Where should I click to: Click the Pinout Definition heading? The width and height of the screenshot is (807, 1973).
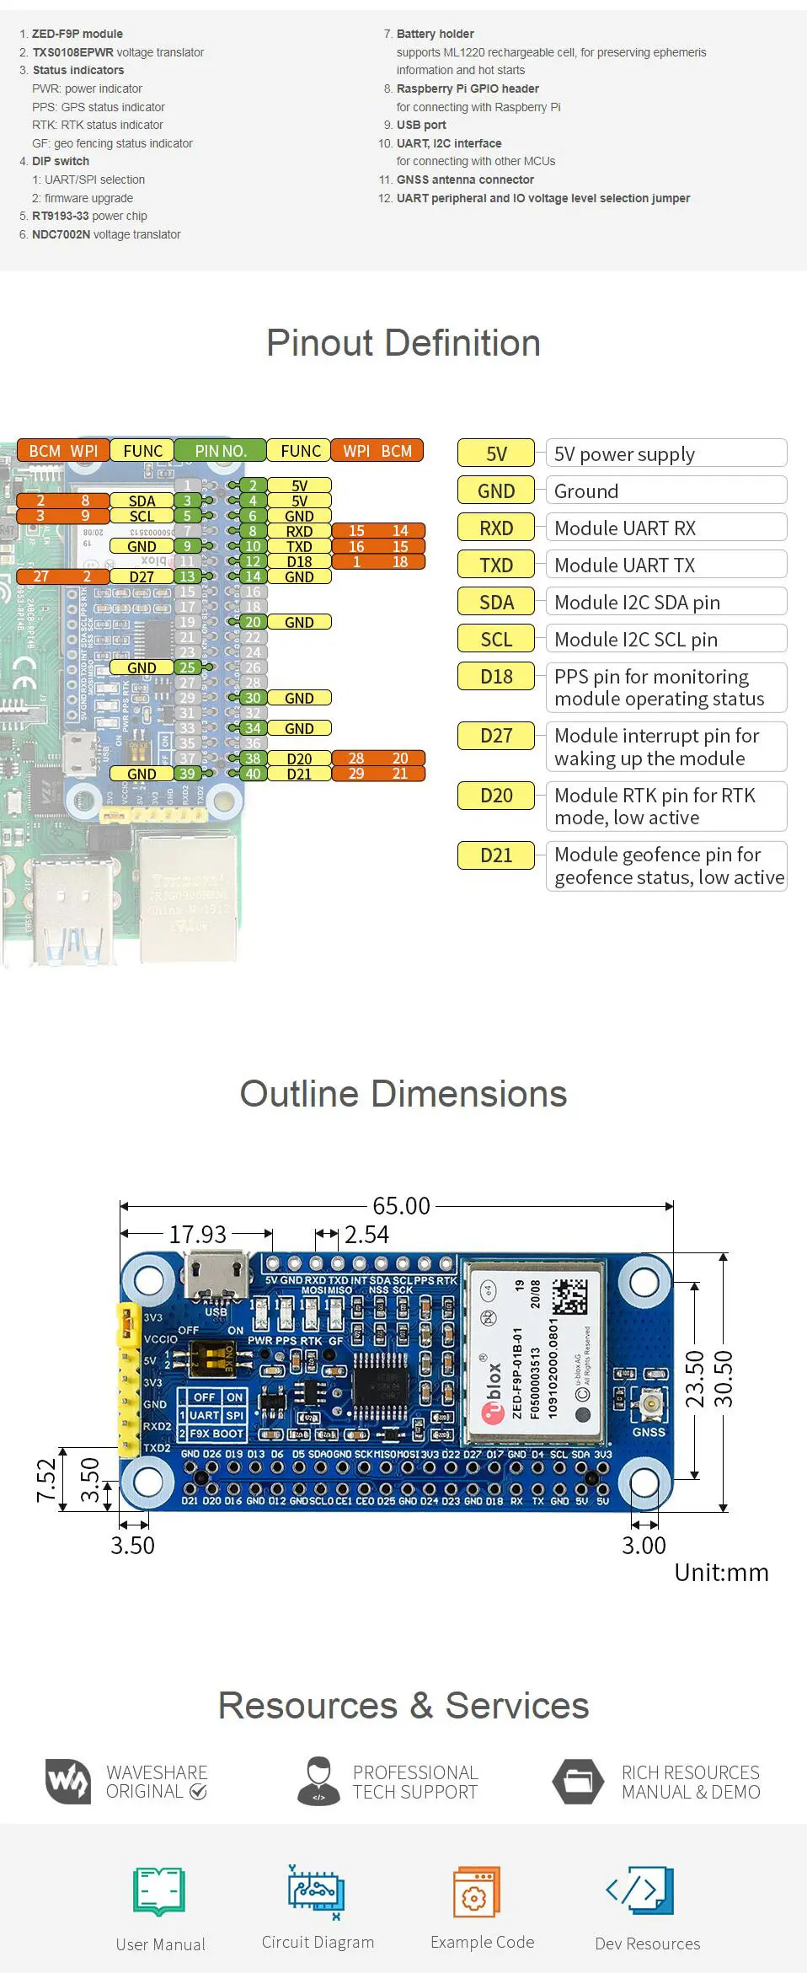point(403,343)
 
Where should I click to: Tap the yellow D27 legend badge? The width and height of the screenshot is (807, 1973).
point(496,736)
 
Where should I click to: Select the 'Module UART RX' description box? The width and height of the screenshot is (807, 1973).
point(665,528)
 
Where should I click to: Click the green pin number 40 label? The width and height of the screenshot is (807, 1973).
point(253,774)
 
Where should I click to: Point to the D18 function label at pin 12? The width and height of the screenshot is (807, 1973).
point(299,561)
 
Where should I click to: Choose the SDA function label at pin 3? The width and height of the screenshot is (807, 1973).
point(142,501)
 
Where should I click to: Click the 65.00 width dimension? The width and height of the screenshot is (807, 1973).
point(401,1205)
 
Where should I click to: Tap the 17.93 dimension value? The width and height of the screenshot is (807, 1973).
point(198,1235)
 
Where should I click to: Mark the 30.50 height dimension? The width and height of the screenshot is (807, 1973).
point(724,1379)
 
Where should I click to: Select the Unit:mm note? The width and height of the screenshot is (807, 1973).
point(721,1573)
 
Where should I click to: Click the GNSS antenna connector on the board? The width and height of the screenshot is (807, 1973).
point(649,1404)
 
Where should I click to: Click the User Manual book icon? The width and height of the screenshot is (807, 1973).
point(159,1891)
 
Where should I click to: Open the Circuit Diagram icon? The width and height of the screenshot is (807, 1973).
point(316,1891)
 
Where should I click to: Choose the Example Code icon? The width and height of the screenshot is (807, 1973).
point(477,1891)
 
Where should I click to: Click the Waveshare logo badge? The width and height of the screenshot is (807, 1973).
point(67,1782)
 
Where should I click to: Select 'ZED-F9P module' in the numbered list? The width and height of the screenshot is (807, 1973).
point(77,34)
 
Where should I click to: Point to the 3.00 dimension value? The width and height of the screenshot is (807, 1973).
point(644,1545)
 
